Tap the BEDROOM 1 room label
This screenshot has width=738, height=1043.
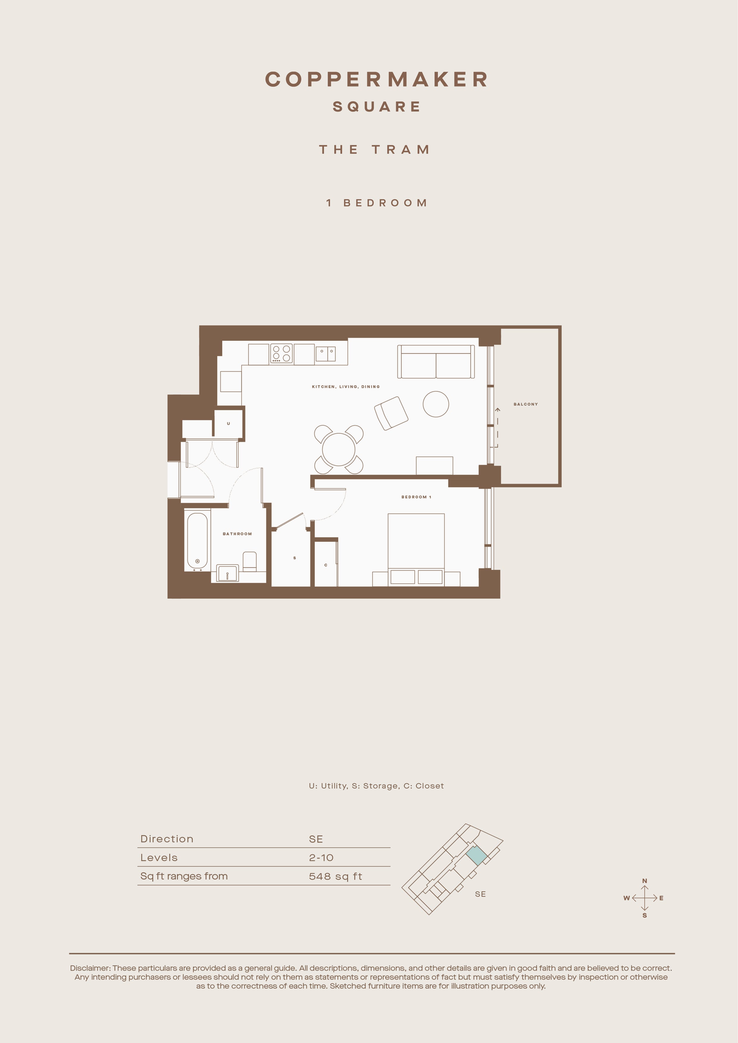[416, 497]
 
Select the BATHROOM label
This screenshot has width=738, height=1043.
[237, 534]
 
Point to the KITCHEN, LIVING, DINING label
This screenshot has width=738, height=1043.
[346, 387]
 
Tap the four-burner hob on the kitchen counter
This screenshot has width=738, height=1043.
[281, 354]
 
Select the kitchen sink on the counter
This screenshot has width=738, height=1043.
[325, 354]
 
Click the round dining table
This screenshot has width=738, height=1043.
[339, 449]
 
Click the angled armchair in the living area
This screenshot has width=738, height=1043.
[391, 413]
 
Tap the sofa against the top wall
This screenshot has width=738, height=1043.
[436, 362]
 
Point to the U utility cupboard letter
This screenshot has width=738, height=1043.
[228, 423]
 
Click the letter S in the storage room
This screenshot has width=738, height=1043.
[294, 558]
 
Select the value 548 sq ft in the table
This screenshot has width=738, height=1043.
[335, 876]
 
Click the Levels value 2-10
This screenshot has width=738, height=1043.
[321, 858]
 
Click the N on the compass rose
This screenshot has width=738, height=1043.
[644, 881]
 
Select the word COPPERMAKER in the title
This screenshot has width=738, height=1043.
[376, 79]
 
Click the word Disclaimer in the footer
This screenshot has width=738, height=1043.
[90, 968]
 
